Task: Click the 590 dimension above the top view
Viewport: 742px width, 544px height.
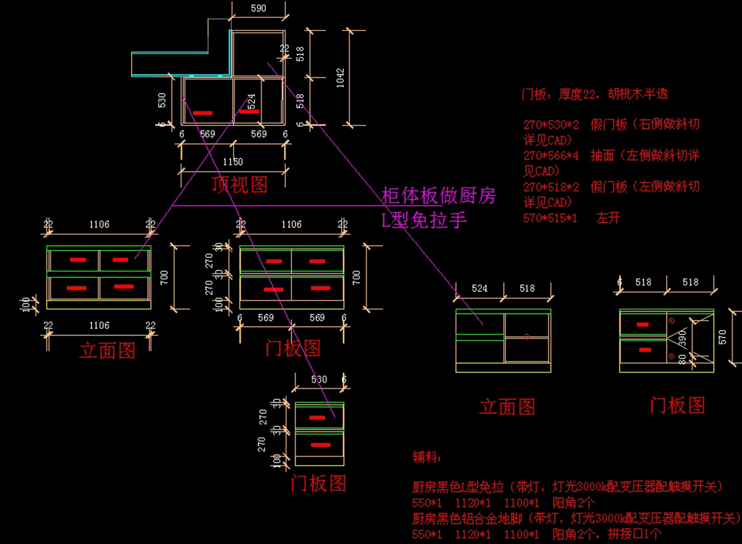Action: [258, 8]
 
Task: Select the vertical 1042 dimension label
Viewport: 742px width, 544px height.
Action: [339, 78]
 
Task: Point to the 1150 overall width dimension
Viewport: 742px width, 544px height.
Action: [233, 162]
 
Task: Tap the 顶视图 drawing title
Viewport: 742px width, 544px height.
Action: [239, 184]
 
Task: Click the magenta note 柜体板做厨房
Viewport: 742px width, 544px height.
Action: [439, 197]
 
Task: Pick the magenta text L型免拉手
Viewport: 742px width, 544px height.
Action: [424, 219]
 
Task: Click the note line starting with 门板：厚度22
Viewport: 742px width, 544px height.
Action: [595, 95]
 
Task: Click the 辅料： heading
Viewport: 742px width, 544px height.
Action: [427, 457]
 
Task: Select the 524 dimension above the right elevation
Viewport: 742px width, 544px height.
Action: [479, 288]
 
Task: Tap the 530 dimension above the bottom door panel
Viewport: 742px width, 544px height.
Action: [319, 379]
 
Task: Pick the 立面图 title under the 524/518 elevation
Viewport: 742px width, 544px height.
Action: [507, 406]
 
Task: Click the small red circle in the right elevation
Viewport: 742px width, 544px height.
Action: [526, 337]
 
